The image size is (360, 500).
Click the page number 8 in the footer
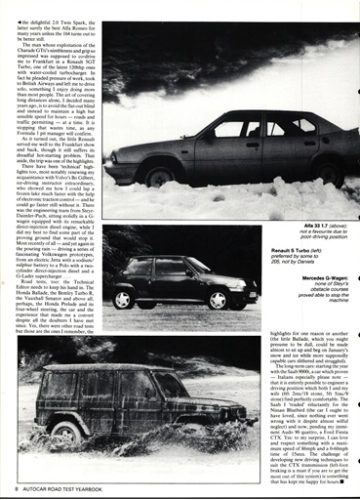pos(19,484)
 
